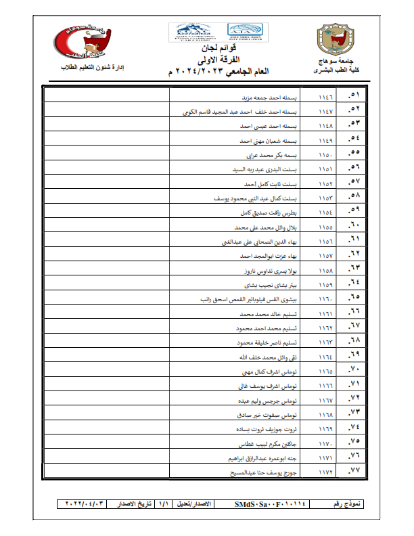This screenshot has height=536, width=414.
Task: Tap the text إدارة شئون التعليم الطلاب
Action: (99, 70)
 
